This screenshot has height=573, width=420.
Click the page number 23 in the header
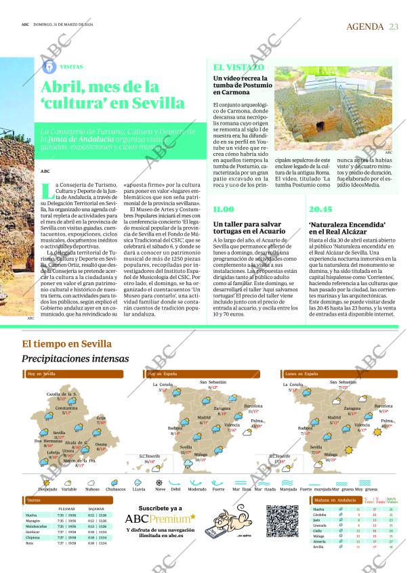394,26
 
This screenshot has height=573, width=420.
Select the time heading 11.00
224,210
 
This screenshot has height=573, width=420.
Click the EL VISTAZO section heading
238,68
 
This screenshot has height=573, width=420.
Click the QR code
282,522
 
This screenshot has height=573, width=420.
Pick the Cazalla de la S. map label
62,394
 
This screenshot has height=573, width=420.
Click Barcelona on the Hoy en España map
253,406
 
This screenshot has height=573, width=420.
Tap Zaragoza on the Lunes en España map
352,408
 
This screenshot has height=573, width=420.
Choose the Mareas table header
33,501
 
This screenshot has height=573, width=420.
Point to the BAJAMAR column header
96,508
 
